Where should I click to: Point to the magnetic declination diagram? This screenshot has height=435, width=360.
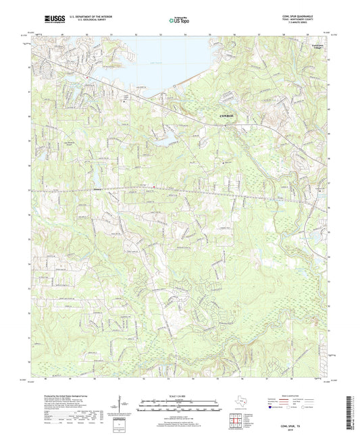pos(124,406)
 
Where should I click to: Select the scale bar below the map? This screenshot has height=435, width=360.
pos(180,404)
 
